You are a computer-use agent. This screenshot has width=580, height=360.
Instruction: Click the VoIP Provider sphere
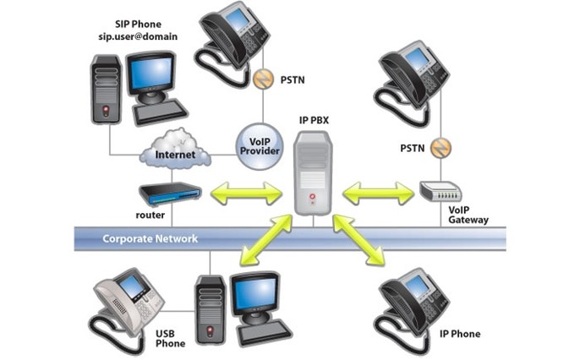pos(260,146)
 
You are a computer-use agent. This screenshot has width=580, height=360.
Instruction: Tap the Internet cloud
pos(175,150)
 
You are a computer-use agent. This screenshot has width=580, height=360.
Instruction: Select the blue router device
pos(171,194)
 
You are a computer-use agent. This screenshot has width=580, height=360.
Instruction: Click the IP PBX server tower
pos(313,173)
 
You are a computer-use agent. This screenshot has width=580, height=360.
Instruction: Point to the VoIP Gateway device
pos(440,191)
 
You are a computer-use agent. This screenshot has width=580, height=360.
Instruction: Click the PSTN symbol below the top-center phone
pos(263,79)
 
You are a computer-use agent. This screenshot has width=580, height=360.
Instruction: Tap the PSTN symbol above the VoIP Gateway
pos(441,148)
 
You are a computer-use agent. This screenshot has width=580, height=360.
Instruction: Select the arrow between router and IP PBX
pos(246,193)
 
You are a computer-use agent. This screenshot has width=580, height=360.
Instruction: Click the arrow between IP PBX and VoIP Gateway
pos(378,193)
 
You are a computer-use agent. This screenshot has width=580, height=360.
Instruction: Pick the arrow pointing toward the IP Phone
pos(358,240)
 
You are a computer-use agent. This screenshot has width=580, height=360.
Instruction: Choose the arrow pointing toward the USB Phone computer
pos(266,240)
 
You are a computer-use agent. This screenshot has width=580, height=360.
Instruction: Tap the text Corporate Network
pos(150,239)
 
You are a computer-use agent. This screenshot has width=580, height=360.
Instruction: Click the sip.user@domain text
pos(138,36)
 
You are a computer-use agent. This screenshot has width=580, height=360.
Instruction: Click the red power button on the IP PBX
pos(313,197)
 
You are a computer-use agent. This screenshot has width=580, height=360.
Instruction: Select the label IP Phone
pos(460,334)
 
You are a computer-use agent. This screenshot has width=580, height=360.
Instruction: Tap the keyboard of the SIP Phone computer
pos(161,112)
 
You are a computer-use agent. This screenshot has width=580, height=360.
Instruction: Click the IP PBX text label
pos(314,120)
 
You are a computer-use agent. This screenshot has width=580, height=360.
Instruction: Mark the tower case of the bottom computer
pos(210,310)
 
